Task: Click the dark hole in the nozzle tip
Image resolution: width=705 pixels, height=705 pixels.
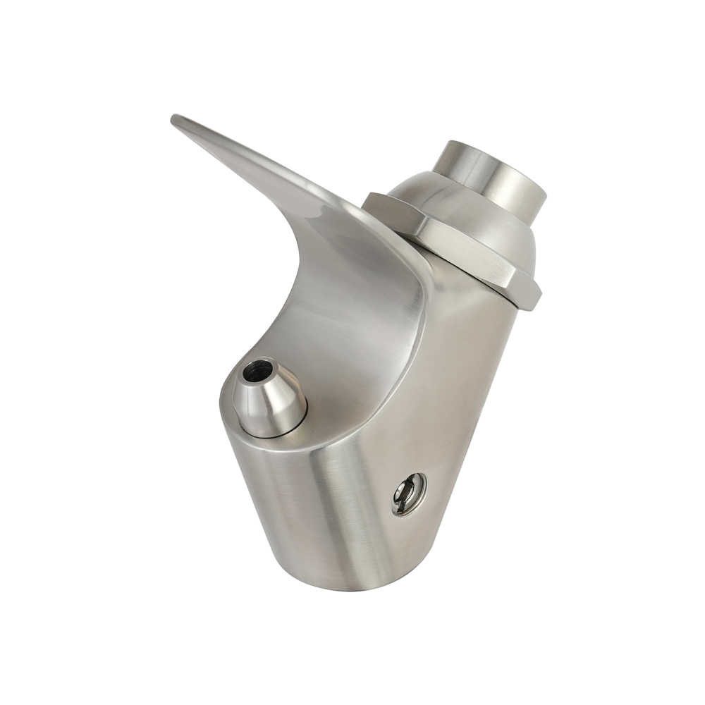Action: point(258,369)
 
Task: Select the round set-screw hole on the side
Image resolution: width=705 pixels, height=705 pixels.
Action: point(409,493)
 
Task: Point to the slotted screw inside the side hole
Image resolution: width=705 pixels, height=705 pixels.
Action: point(407,491)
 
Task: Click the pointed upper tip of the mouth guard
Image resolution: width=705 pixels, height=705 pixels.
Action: point(176,119)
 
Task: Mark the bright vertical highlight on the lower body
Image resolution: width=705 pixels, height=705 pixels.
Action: point(352,508)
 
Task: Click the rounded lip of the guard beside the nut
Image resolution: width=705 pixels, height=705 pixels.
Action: point(416,282)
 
